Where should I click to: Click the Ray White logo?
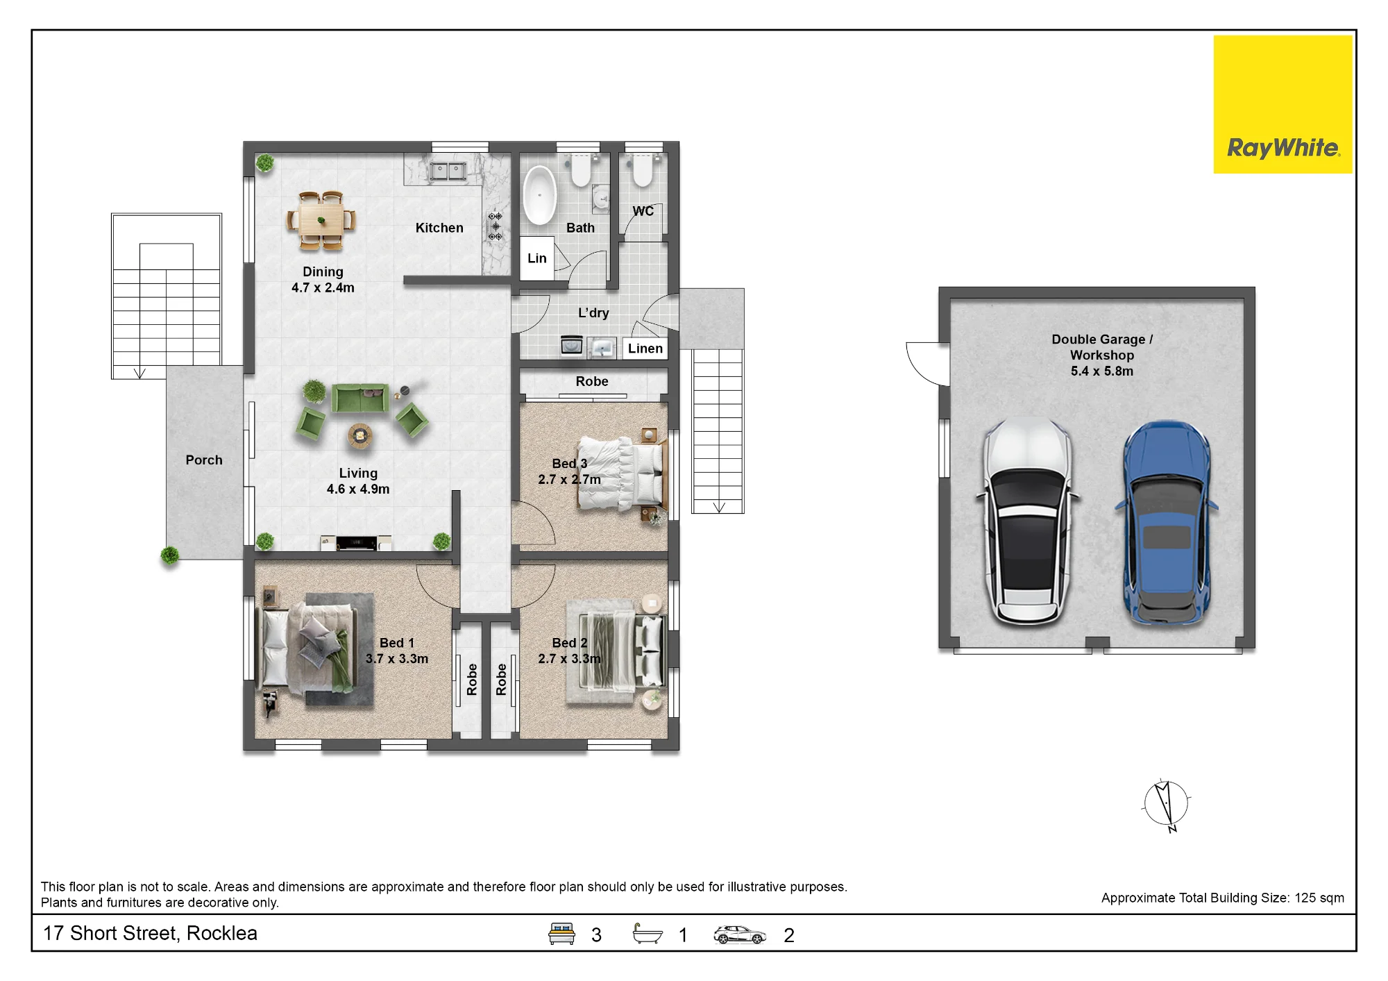[1283, 104]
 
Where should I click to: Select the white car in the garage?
[1028, 521]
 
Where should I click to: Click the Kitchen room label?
[439, 228]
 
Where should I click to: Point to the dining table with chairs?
[321, 221]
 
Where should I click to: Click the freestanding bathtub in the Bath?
[539, 195]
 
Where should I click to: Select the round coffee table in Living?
[359, 436]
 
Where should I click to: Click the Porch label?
[204, 460]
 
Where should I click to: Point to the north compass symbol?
[1166, 805]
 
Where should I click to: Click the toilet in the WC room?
[643, 170]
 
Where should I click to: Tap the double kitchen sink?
[447, 171]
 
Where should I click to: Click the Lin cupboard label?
[537, 258]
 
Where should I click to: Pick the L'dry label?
[593, 313]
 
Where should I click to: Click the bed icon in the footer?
[561, 934]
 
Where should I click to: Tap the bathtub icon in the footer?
[648, 934]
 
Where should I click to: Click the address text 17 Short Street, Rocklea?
[150, 933]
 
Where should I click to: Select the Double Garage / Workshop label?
[1102, 347]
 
